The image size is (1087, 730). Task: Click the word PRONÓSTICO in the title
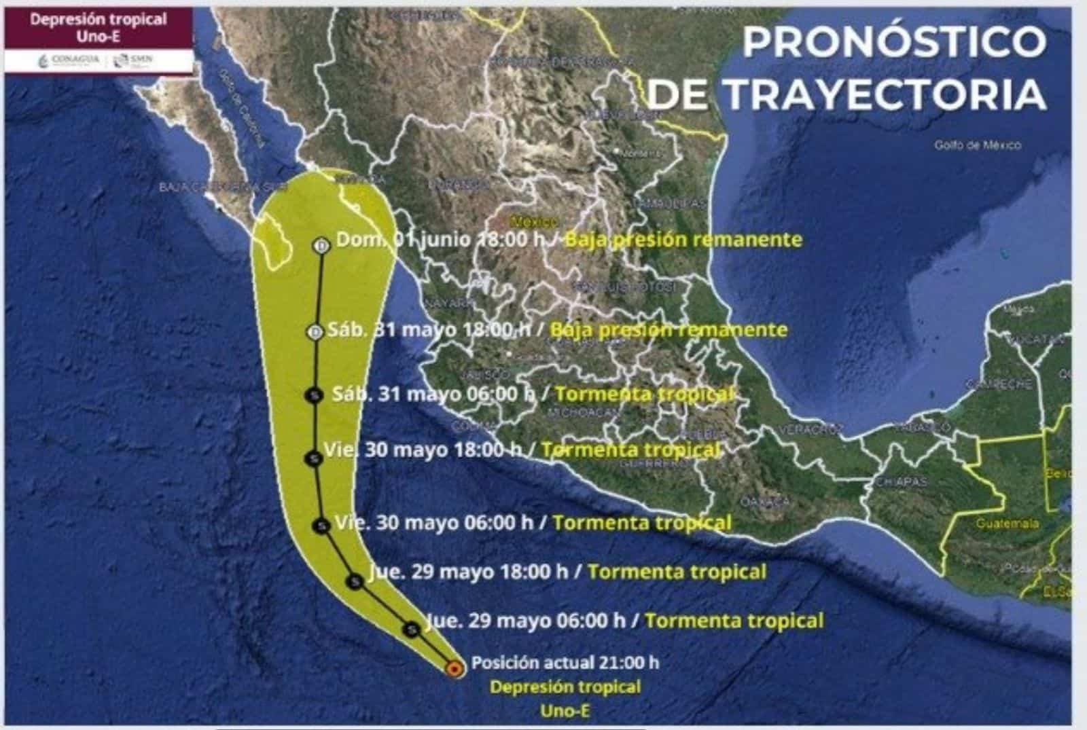coord(893,42)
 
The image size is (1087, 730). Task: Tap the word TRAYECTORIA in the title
coord(885,94)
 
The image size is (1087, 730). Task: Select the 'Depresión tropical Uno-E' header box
coord(99,28)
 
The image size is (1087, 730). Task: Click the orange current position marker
coord(454,669)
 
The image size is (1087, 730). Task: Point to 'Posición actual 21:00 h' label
coord(565,662)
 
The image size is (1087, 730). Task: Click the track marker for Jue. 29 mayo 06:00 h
coord(411,629)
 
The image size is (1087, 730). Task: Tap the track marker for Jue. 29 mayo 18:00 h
coord(355,581)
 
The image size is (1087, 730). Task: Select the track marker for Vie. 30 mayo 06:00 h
coord(321,525)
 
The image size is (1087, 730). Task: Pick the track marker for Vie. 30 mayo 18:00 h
coord(313,459)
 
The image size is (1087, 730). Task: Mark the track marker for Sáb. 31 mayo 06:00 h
coord(314,395)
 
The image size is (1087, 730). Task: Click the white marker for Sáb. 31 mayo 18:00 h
coord(315,332)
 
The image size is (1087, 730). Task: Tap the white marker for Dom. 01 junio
coord(321,245)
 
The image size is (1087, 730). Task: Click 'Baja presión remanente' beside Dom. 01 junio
coord(683,240)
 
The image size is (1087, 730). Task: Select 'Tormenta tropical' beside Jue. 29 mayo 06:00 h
coord(734,620)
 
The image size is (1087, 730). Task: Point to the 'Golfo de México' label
coord(977,145)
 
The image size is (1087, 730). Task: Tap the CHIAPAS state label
coord(901,481)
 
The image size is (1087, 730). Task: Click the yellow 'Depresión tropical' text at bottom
coord(565,687)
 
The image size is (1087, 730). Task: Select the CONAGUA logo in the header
coord(69,60)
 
